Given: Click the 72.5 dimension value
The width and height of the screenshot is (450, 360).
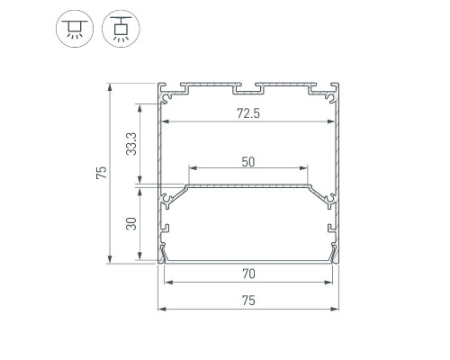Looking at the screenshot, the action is pyautogui.click(x=248, y=113).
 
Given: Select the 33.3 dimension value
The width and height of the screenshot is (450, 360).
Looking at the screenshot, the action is pyautogui.click(x=131, y=144).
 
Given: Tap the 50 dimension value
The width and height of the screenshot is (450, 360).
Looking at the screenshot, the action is pyautogui.click(x=248, y=162).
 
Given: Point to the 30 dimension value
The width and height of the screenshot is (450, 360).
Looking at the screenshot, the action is pyautogui.click(x=131, y=224).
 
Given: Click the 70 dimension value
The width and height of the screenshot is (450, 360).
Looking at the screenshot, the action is pyautogui.click(x=248, y=274).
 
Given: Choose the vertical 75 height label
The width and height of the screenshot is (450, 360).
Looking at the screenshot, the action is pyautogui.click(x=102, y=173).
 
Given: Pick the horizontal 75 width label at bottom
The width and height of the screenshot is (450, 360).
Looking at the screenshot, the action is pyautogui.click(x=248, y=301).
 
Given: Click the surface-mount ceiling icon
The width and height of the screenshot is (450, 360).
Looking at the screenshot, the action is pyautogui.click(x=75, y=29).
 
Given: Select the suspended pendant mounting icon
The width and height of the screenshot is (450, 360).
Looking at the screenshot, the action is pyautogui.click(x=121, y=29).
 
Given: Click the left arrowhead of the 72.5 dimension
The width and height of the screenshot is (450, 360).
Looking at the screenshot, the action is pyautogui.click(x=165, y=121).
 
